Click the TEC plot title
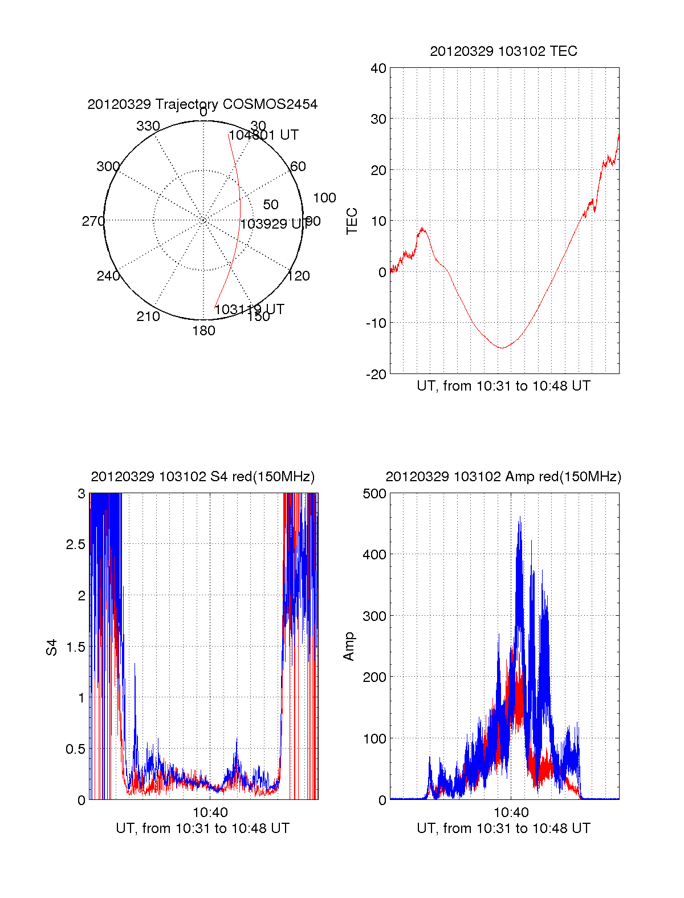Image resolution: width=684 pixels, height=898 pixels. pos(503,51)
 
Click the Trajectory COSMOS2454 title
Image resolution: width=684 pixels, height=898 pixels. pos(202,104)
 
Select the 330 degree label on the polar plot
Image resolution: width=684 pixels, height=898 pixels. pos(148,126)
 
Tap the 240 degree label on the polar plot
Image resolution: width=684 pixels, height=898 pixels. pos(108,276)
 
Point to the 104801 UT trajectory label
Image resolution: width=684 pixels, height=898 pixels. pos(263,135)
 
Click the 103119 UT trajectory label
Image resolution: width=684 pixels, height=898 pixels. pos(249,310)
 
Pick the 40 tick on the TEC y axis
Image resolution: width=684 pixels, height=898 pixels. pos(378,68)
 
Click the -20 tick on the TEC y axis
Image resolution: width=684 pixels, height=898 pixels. pos(377,374)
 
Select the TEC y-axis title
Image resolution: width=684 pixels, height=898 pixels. pos(352,221)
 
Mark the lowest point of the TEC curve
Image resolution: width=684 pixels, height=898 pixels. pos(502,347)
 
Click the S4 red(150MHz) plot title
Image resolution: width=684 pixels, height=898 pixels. pos(202,477)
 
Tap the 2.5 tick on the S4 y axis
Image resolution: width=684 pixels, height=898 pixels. pos(76,545)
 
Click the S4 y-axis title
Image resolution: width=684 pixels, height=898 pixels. pos(52,647)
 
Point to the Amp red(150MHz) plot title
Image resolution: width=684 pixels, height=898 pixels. pos(503,477)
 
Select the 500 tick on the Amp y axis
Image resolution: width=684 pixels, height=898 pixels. pos(374,494)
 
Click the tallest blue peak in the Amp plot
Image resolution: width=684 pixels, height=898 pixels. pos(519,517)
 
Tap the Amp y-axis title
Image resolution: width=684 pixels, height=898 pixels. pos(349,647)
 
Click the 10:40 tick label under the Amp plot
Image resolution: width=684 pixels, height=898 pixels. pos(511,812)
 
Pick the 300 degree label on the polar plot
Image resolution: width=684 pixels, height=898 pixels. pos(108,166)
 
